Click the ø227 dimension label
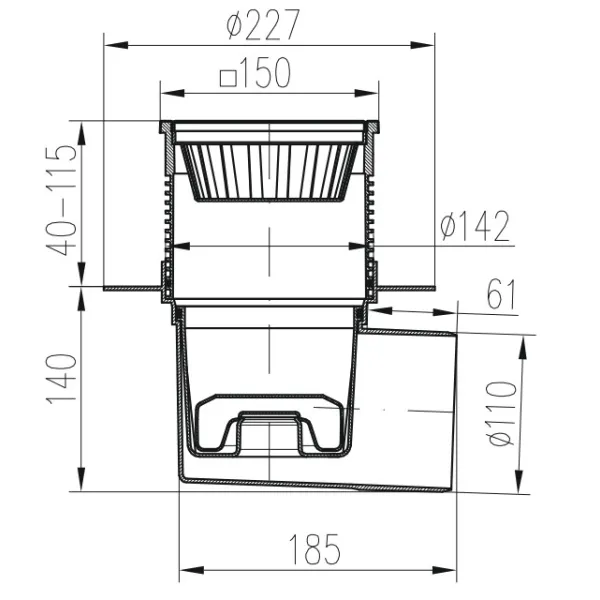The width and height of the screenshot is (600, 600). tap(262, 24)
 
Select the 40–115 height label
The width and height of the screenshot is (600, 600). tap(61, 199)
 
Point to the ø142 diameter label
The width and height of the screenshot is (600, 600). tap(474, 227)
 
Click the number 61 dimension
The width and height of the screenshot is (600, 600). tap(501, 295)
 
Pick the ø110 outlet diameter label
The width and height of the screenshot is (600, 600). tap(502, 414)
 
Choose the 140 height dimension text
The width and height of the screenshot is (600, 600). tap(61, 379)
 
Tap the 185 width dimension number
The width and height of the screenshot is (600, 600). tap(314, 549)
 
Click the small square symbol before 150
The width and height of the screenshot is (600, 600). tap(228, 78)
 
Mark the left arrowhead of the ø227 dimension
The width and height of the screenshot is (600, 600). tap(116, 46)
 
